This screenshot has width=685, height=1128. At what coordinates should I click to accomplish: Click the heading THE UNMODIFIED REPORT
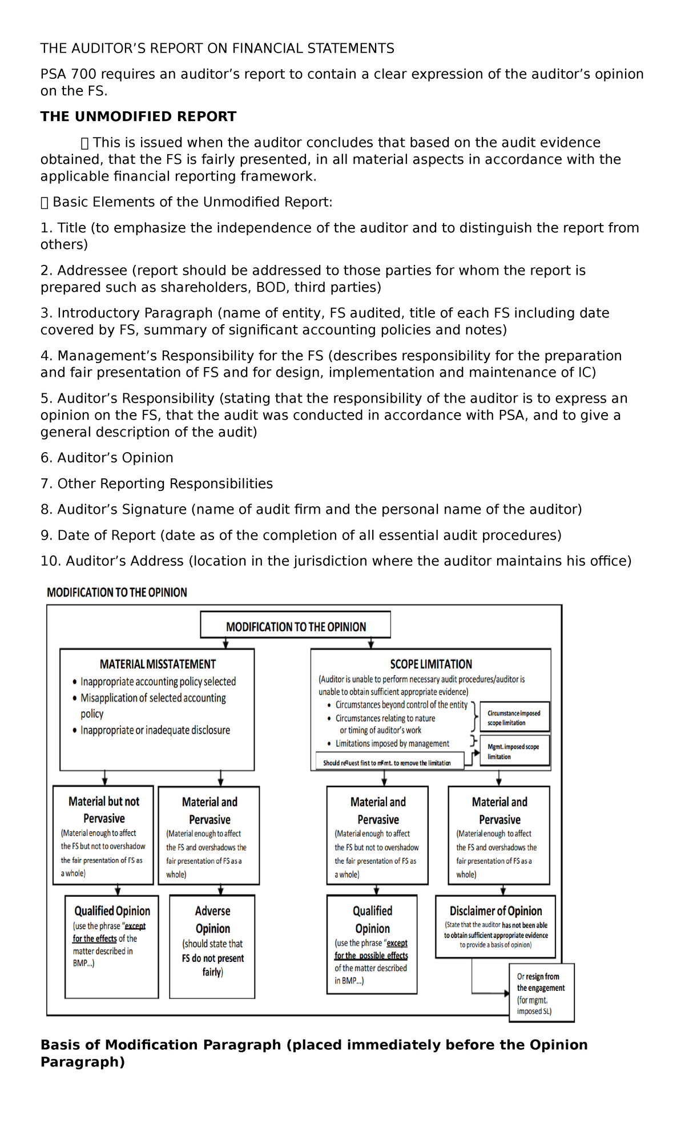tap(138, 116)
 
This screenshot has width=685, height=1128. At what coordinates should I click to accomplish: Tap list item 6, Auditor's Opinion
tap(107, 458)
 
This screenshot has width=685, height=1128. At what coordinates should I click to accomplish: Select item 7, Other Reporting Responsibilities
tap(156, 484)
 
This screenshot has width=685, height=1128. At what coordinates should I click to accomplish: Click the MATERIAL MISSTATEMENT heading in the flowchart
tap(158, 664)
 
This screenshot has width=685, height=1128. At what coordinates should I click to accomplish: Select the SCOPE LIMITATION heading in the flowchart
tap(431, 664)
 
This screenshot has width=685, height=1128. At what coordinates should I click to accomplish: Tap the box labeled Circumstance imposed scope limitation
tap(514, 718)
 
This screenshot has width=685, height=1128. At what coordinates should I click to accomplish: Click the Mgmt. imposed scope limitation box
tap(514, 751)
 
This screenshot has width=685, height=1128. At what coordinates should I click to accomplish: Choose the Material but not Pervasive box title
tap(104, 809)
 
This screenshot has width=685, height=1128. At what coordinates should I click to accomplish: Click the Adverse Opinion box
tap(212, 920)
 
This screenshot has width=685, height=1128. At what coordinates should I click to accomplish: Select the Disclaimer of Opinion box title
tap(495, 911)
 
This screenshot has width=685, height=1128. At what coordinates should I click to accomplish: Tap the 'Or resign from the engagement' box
tap(541, 993)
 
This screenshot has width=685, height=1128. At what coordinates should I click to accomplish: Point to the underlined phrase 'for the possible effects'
tap(371, 956)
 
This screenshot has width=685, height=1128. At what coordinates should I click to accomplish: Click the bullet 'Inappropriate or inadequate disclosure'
tap(155, 730)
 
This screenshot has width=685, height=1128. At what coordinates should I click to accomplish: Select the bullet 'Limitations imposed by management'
tap(392, 743)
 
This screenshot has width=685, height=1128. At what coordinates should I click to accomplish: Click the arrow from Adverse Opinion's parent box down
tap(221, 890)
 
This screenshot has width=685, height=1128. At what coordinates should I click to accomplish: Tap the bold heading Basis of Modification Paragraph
tap(314, 1053)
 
